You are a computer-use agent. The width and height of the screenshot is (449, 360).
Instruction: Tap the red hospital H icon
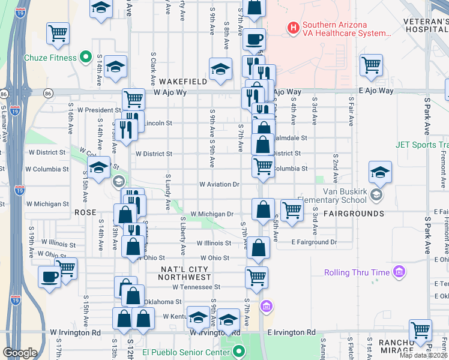[293, 28]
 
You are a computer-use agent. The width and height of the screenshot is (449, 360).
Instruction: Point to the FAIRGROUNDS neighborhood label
[354, 214]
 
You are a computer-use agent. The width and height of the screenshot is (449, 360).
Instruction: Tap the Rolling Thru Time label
[357, 273]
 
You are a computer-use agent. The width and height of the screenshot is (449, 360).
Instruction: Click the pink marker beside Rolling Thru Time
[399, 273]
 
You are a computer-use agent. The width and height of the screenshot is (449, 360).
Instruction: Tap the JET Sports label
[421, 145]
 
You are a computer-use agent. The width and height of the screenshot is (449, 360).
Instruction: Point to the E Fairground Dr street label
[314, 242]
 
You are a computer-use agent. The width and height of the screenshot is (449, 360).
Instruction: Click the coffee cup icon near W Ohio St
[50, 277]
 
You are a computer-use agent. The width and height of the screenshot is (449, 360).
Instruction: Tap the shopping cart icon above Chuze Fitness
[58, 34]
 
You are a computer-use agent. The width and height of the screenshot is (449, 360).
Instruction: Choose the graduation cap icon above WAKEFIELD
[220, 68]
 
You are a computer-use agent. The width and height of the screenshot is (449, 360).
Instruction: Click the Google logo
[20, 353]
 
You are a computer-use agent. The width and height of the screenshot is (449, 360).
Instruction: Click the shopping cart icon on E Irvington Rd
[420, 330]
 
